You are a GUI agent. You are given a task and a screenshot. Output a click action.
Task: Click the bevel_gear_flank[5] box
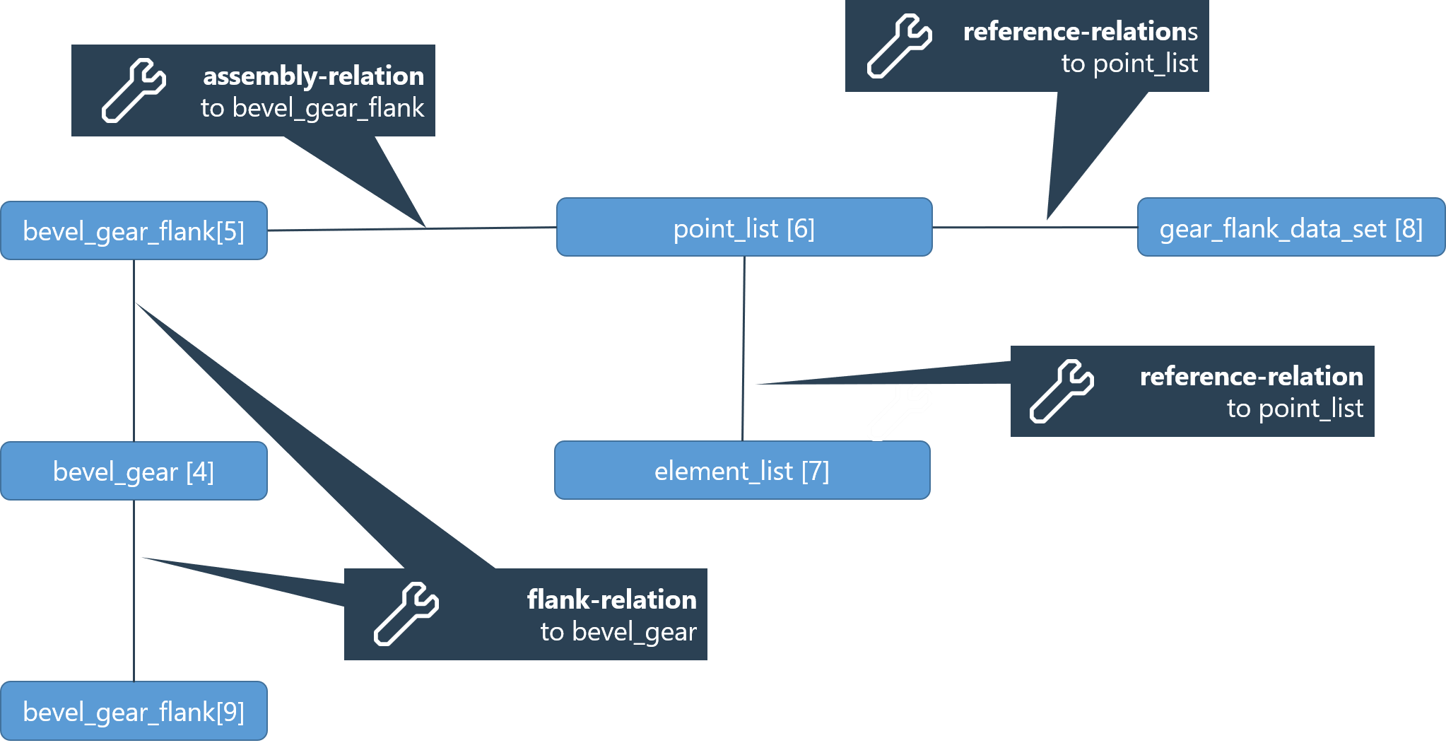point(134,230)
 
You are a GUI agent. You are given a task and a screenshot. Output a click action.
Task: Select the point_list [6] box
point(744,228)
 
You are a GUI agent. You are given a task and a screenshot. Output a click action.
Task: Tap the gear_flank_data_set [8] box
point(1291,228)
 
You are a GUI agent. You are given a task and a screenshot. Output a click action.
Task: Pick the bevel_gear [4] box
point(134,471)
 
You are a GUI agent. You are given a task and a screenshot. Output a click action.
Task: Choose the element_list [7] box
point(742,470)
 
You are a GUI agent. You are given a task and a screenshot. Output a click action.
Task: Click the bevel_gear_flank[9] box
point(134,711)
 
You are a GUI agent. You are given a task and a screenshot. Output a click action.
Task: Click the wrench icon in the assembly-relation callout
point(134,90)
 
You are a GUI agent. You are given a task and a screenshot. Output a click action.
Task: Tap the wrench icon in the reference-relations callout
point(899,46)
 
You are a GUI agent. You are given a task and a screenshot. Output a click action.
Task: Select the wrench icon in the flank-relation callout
point(406,614)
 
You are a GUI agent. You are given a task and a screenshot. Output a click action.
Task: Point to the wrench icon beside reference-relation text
point(1062,391)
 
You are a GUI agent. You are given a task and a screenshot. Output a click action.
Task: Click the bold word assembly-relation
point(313,76)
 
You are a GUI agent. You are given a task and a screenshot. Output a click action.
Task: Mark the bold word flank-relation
point(611,599)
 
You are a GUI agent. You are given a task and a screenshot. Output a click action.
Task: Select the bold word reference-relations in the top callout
point(1080,31)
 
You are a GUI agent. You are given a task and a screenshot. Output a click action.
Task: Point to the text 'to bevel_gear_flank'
point(312,108)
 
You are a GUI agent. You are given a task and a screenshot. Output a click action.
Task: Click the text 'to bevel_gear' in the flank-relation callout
point(618,631)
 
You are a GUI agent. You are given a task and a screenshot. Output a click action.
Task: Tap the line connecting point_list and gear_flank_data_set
point(989,228)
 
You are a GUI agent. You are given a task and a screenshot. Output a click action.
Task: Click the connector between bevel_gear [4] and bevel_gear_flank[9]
point(134,636)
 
